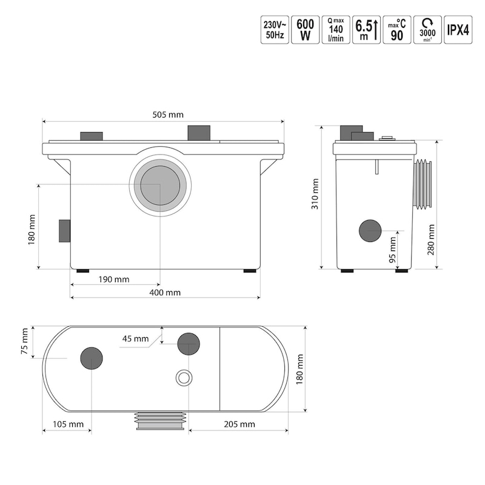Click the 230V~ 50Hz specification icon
(273, 30)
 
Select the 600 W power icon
(304, 30)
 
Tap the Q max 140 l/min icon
(335, 30)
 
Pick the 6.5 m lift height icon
(367, 30)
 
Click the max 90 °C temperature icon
(397, 30)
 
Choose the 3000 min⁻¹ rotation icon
(427, 30)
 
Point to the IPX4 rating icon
(458, 30)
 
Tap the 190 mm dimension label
(113, 279)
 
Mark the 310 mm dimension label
(315, 195)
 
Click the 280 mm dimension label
(431, 240)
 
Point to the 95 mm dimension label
(392, 249)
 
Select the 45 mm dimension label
(135, 338)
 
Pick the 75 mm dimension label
(25, 342)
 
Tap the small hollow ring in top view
(183, 378)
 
